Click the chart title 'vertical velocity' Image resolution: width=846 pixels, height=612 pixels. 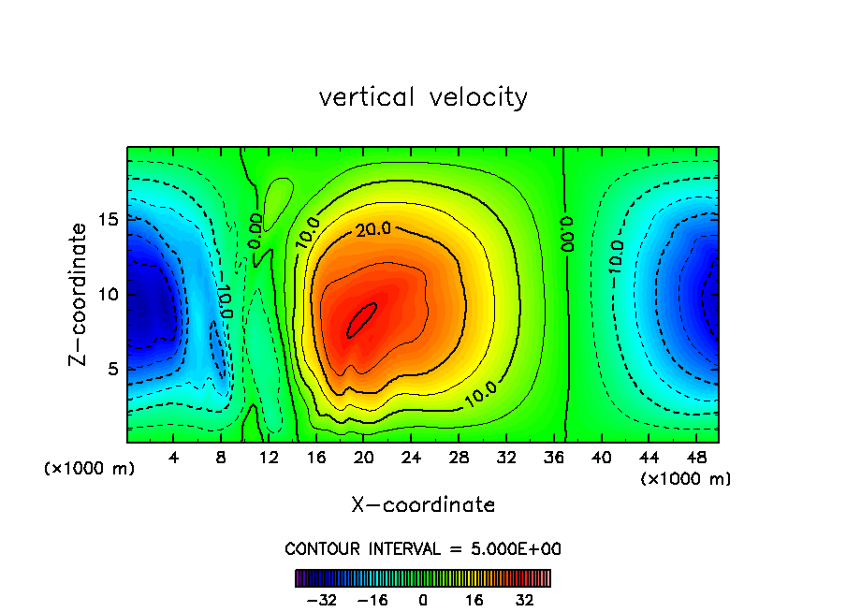[x=423, y=97]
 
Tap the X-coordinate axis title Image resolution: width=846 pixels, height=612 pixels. [x=423, y=505]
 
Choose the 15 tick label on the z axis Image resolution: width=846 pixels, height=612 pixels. [x=109, y=219]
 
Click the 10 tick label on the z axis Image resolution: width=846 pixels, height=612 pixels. [x=109, y=294]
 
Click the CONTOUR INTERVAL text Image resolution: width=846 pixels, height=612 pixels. [x=423, y=548]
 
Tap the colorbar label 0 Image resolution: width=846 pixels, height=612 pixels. [x=423, y=600]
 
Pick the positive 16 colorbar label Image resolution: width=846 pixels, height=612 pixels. [x=475, y=600]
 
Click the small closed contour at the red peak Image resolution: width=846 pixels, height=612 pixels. [x=362, y=319]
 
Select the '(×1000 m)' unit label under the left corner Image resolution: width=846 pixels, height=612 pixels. [x=90, y=468]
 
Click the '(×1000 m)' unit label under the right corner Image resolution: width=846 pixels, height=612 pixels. [x=686, y=479]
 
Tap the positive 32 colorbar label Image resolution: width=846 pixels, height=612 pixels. [x=524, y=600]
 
